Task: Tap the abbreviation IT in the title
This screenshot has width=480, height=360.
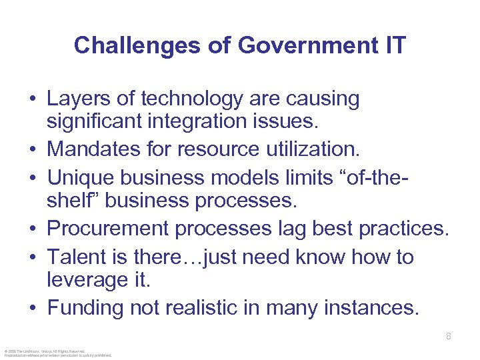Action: (393, 45)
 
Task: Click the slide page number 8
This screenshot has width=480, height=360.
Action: (448, 337)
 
